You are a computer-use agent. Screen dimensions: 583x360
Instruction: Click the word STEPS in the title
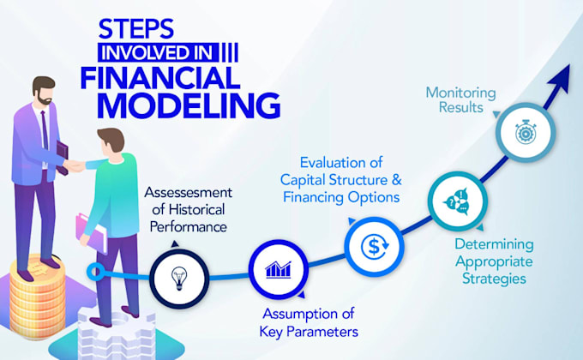(x=136, y=29)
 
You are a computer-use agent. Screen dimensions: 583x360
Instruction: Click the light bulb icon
(x=179, y=279)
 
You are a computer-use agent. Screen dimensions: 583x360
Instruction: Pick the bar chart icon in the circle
(x=278, y=270)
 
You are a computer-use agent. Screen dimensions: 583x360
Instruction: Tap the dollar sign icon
(x=374, y=247)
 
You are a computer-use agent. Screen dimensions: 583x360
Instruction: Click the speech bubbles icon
(x=457, y=201)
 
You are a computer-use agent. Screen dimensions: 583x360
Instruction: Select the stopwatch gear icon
(x=525, y=132)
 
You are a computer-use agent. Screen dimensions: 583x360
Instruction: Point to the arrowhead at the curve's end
(x=560, y=79)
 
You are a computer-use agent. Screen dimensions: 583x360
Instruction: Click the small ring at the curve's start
(x=95, y=272)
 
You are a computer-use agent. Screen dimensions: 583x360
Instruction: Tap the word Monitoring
(x=460, y=93)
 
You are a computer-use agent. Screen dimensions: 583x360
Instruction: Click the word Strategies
(x=494, y=279)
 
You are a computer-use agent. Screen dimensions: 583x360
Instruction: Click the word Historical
(x=197, y=209)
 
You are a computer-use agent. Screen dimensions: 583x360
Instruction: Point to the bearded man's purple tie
(x=45, y=130)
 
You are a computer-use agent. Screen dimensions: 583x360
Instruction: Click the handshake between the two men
(x=75, y=166)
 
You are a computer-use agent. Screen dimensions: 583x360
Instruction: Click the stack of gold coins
(x=37, y=297)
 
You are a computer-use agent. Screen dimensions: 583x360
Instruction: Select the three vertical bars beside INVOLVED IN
(x=230, y=52)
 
